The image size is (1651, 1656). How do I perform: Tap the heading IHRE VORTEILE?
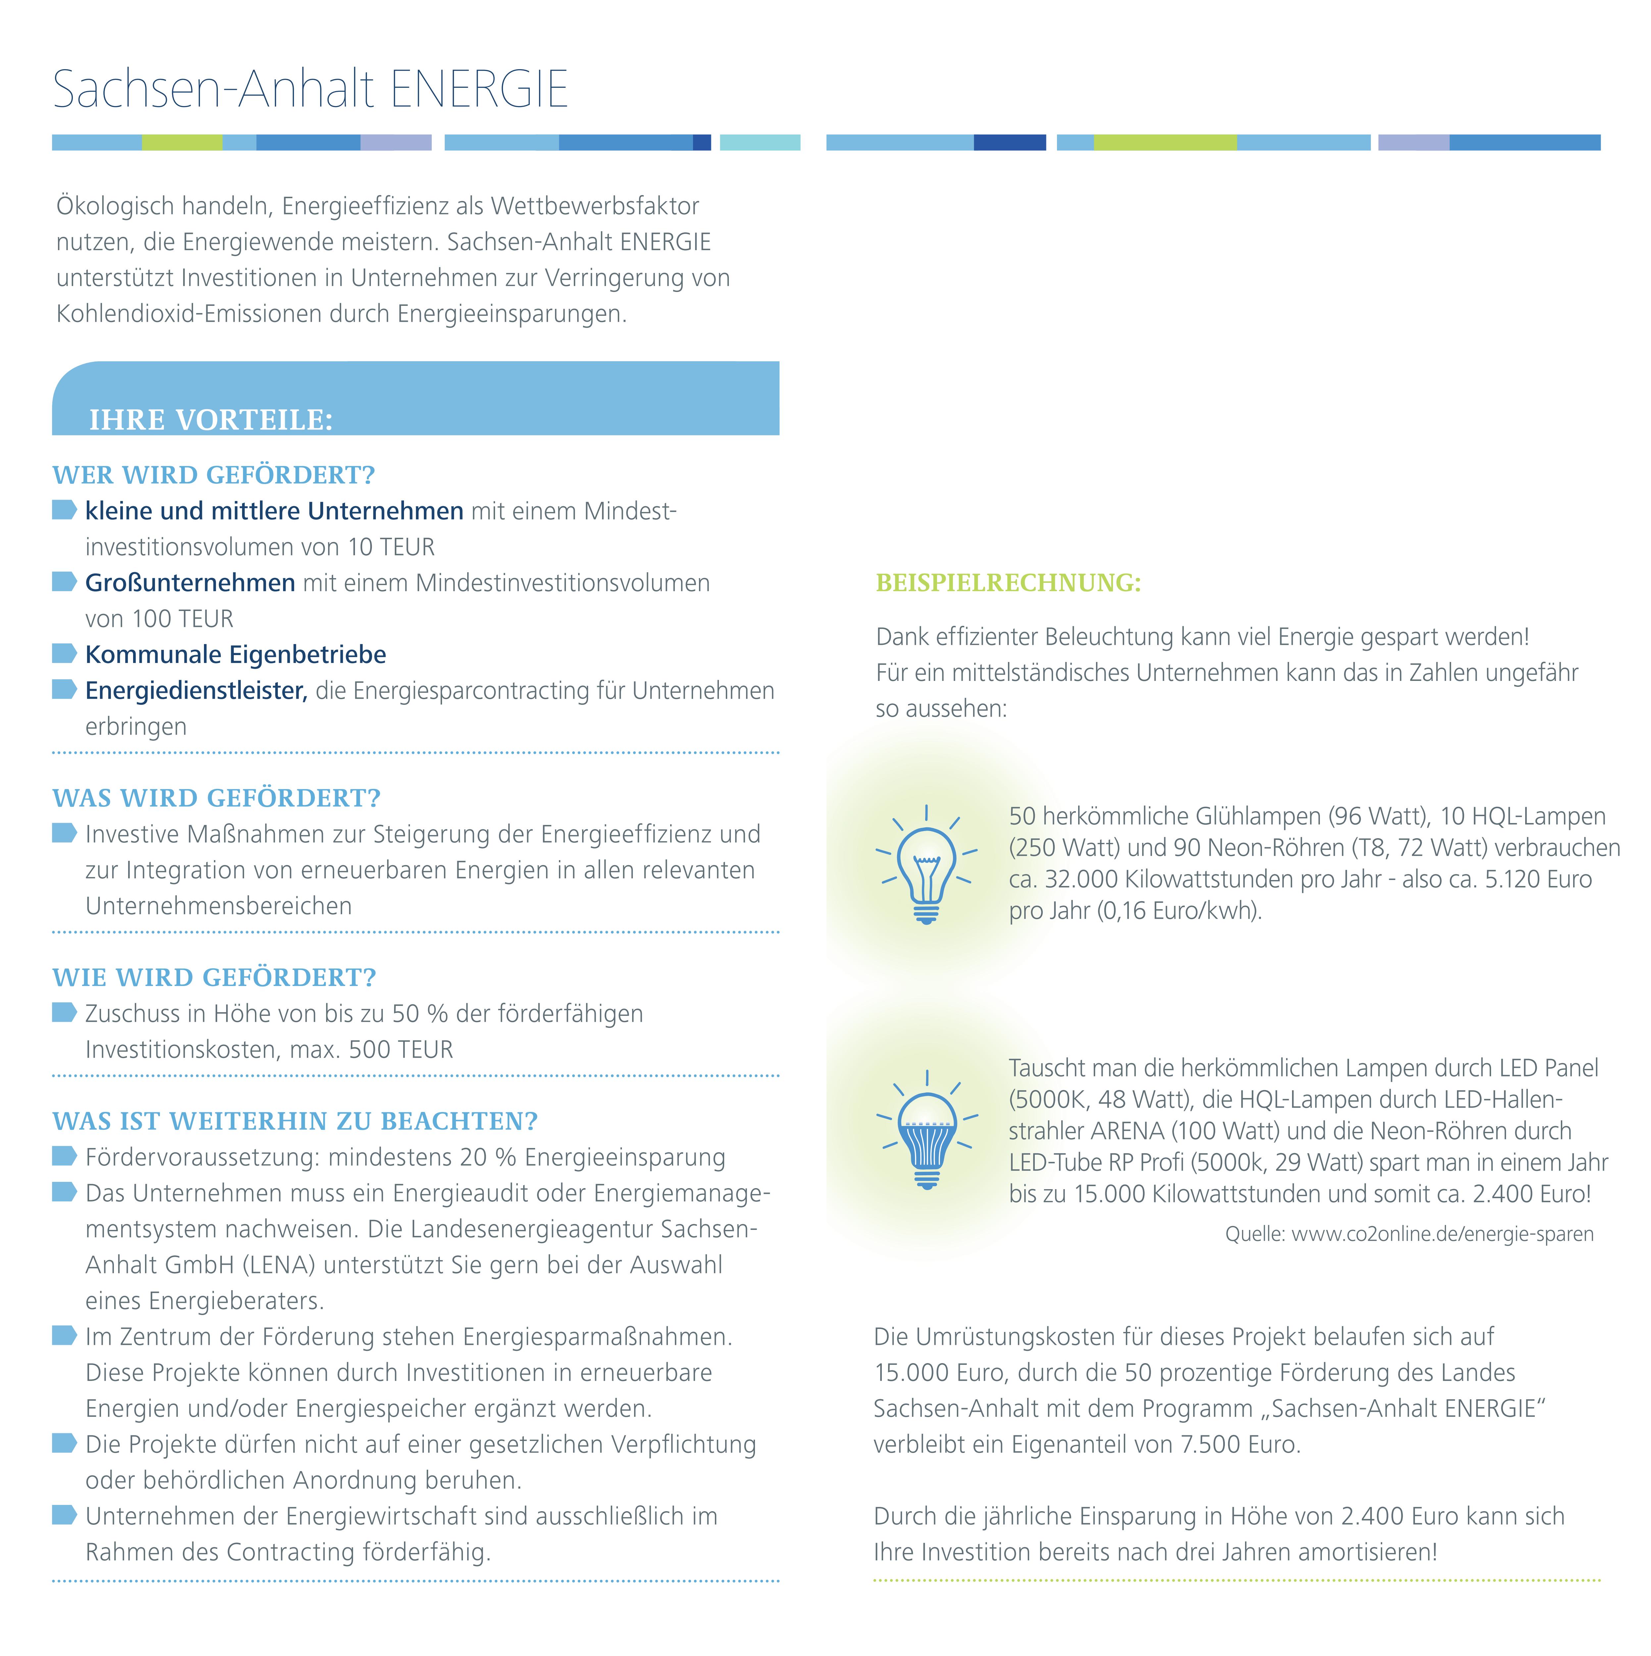pos(211,420)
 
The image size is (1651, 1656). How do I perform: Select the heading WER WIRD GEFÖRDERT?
pos(213,475)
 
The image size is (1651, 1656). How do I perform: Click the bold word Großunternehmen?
pos(190,583)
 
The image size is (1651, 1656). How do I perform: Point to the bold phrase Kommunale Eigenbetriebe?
pos(236,655)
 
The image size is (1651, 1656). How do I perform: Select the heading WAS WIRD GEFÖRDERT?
pos(216,798)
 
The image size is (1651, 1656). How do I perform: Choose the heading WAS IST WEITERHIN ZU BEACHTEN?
pos(295,1121)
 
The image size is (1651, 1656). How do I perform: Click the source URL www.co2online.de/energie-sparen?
pos(1442,1234)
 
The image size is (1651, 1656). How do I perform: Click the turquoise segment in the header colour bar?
pos(759,142)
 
